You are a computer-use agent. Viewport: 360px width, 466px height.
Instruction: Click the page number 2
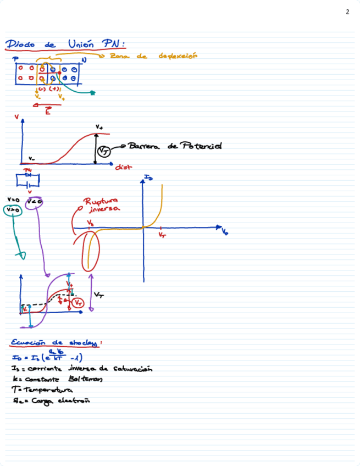coord(347,12)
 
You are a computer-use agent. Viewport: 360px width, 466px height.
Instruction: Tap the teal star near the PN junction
coord(93,93)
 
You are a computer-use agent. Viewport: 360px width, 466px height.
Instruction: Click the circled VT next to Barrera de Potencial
coord(104,151)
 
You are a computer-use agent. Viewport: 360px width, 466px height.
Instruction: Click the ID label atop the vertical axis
coord(148,177)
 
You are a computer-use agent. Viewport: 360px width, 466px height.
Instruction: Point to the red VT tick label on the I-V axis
coord(162,235)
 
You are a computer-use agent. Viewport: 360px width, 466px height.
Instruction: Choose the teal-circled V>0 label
coord(13,210)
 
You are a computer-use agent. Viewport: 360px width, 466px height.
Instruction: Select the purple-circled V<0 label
coord(35,202)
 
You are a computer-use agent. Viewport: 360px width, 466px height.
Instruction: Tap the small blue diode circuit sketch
coord(29,180)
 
